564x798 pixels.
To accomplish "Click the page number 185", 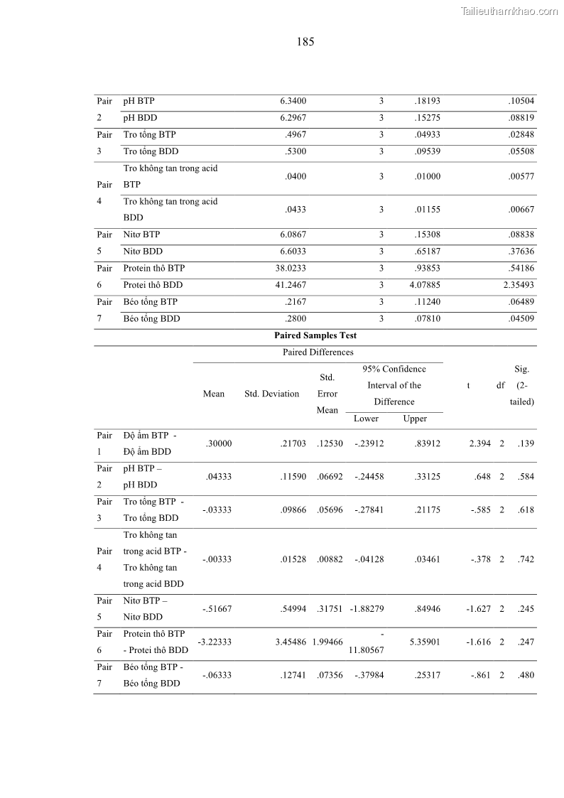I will [x=305, y=42].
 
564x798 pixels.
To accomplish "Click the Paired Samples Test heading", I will [x=315, y=335].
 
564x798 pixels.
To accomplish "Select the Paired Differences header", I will [x=318, y=352].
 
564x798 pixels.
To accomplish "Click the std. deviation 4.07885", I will [x=425, y=285].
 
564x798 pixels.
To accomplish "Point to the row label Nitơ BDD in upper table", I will [x=143, y=252].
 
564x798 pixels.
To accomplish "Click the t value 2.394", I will [x=479, y=443].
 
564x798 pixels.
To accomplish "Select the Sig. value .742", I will [x=526, y=559].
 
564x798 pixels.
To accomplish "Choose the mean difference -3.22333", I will [x=215, y=642].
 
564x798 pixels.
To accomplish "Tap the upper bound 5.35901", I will [x=425, y=642].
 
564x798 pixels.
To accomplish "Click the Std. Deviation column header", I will [x=271, y=394].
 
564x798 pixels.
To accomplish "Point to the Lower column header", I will [x=366, y=419].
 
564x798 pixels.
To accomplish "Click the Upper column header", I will [x=415, y=419].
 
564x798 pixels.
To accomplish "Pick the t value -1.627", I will [x=478, y=609].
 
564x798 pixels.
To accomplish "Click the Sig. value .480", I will [x=526, y=675].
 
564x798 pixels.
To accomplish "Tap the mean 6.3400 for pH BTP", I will [x=293, y=101].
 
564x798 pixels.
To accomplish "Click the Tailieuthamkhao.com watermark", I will [x=509, y=11].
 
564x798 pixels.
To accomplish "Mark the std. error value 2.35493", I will [x=519, y=285].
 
